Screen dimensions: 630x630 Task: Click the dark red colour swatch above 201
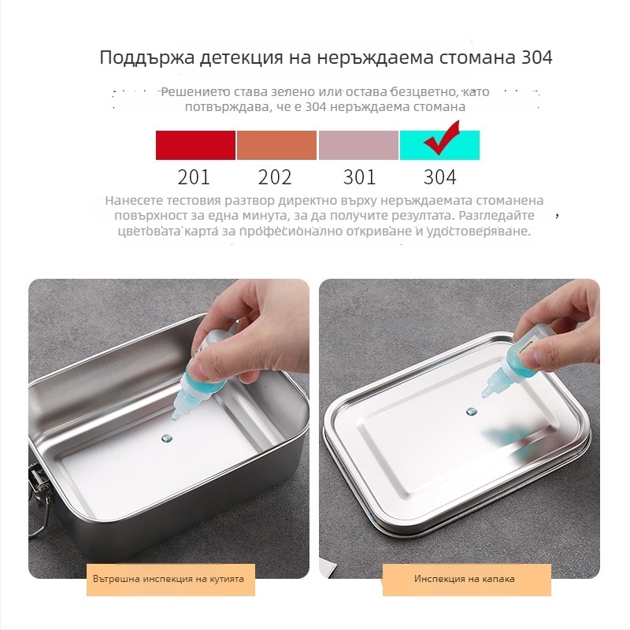point(195,146)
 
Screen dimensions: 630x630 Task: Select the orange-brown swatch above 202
point(276,146)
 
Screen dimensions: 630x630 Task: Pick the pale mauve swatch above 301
point(358,146)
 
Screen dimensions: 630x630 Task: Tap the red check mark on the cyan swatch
point(441,141)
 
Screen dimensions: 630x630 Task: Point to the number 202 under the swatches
point(275,177)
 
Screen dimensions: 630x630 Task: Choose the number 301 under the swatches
point(358,177)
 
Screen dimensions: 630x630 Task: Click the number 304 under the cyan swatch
point(439,177)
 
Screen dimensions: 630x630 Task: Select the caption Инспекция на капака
point(465,579)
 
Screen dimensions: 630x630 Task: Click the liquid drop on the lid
point(472,411)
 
